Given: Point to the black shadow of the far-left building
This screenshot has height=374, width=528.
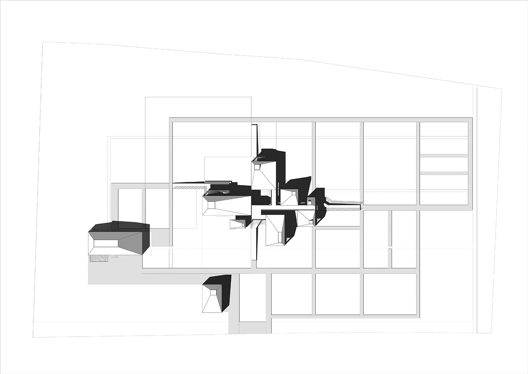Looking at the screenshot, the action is (118, 226).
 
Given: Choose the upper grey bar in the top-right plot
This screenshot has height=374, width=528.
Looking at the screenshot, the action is (444, 155).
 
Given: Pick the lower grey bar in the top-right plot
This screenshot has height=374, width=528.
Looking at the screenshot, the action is (444, 173).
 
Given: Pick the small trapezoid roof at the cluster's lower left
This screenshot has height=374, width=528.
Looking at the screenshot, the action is (238, 224).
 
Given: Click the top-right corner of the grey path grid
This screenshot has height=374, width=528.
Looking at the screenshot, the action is (470, 120).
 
